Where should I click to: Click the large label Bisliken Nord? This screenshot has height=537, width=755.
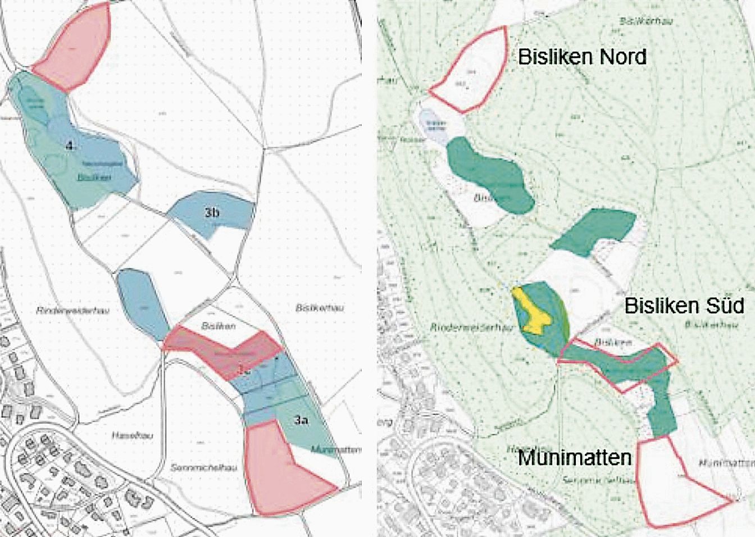(x=582, y=57)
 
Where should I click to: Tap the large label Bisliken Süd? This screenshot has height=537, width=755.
(x=684, y=306)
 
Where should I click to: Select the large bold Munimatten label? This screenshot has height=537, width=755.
(x=575, y=457)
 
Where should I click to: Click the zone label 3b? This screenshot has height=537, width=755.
(x=212, y=212)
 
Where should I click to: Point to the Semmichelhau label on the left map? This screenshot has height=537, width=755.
(x=203, y=467)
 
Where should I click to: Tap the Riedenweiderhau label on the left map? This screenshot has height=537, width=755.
(x=72, y=311)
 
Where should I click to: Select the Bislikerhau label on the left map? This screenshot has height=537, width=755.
(x=319, y=308)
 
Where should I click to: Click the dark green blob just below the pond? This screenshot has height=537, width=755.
(x=489, y=174)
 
